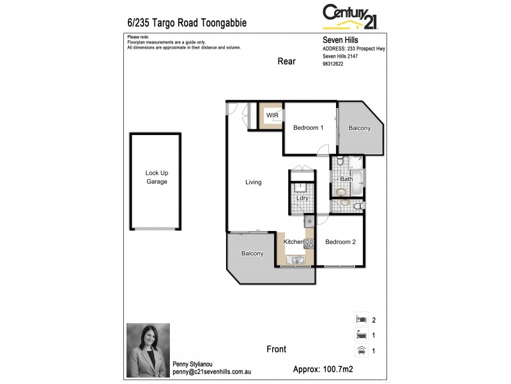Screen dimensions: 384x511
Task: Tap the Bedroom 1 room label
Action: (x=308, y=128)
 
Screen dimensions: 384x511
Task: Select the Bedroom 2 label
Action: (x=340, y=242)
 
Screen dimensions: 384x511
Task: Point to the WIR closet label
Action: (x=272, y=115)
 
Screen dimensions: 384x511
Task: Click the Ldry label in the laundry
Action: (x=302, y=198)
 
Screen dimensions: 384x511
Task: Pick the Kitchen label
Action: (x=293, y=242)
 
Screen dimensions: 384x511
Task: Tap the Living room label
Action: (x=254, y=182)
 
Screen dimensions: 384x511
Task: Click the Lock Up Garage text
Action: (x=156, y=177)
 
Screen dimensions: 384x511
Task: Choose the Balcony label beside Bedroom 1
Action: (x=360, y=128)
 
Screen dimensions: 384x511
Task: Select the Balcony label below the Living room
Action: (x=252, y=253)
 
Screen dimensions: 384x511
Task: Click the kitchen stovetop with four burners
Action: (x=309, y=243)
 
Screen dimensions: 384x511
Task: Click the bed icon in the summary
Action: (x=361, y=319)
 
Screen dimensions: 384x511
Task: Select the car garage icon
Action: (x=361, y=349)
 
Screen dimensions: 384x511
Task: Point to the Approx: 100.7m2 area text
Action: (x=323, y=369)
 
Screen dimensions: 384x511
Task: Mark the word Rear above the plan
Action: (x=286, y=61)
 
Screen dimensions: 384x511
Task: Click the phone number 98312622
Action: (x=333, y=64)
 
